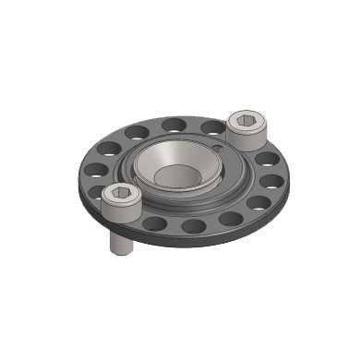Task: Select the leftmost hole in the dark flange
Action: (x=95, y=170)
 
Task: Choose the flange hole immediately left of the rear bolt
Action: (x=210, y=126)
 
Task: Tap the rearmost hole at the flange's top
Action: (x=173, y=124)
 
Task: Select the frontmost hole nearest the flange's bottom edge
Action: (x=194, y=226)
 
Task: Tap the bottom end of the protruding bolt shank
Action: (x=120, y=252)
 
